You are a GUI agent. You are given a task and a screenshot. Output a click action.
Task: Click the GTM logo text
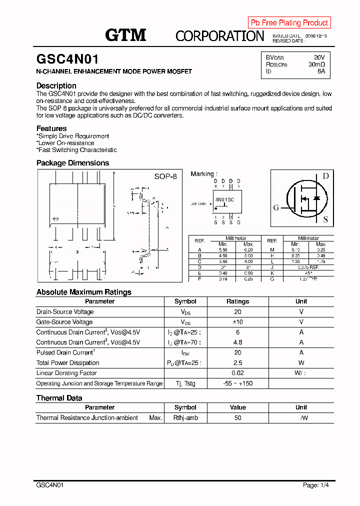tap(125, 34)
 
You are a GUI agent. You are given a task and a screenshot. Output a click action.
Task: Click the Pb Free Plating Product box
tap(289, 22)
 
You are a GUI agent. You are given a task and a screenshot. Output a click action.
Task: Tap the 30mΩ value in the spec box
tap(316, 64)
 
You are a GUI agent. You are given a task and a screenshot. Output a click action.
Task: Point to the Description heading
tap(56, 85)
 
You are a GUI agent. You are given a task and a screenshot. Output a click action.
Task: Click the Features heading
tap(51, 128)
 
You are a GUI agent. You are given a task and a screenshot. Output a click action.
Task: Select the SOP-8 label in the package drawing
tap(165, 176)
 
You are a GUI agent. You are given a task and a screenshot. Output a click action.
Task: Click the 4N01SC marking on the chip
tap(224, 199)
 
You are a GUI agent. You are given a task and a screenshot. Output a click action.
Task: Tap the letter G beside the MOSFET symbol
tap(276, 208)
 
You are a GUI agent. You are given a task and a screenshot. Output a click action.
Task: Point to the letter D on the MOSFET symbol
tap(325, 176)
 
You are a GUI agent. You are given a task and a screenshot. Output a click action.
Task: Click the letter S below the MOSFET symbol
tap(325, 219)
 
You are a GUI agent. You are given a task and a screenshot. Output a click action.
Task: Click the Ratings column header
tap(237, 301)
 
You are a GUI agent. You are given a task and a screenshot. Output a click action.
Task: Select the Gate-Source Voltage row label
tap(64, 322)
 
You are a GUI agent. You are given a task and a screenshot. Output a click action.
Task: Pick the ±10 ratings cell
tap(237, 322)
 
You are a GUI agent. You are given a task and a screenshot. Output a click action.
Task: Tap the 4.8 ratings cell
tap(237, 342)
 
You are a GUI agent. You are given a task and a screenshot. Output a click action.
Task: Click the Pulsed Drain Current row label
tap(65, 352)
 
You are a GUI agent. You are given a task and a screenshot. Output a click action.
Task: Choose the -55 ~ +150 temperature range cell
tap(237, 383)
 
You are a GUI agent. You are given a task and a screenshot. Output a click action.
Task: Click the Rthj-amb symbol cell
tap(185, 417)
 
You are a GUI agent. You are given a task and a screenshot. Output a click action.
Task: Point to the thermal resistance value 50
tap(237, 417)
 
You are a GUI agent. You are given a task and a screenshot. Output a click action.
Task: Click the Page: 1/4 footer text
tap(316, 485)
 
